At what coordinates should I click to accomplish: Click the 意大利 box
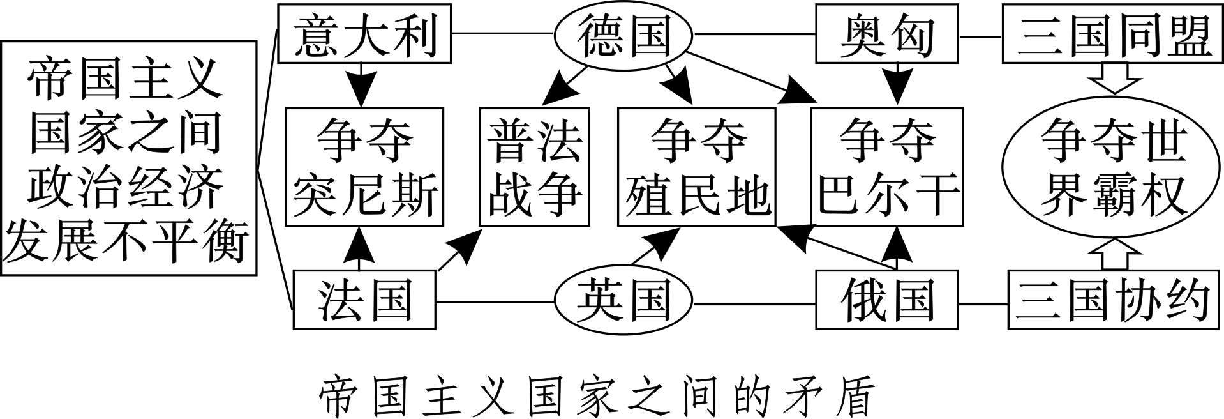click(364, 33)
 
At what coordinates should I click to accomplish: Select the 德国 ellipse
click(623, 35)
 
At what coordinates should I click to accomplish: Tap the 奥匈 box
click(887, 34)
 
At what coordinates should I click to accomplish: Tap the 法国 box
click(364, 300)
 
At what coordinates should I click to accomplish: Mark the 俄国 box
click(887, 300)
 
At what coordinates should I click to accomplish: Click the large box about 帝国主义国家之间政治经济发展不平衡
click(128, 158)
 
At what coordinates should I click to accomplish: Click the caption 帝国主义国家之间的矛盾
click(593, 396)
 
